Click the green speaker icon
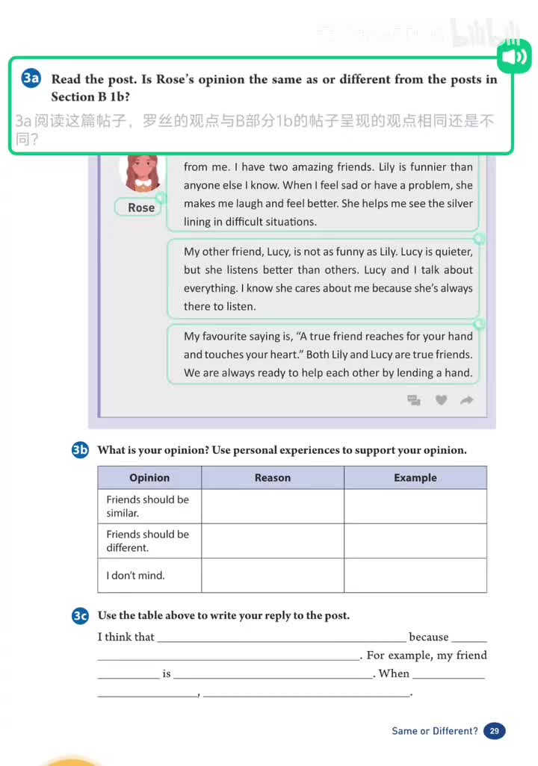click(x=513, y=57)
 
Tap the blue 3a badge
click(x=31, y=79)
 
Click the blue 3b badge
click(x=80, y=449)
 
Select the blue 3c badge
click(x=80, y=615)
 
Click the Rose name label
click(x=140, y=208)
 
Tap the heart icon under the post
click(x=441, y=400)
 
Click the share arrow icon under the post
click(x=467, y=400)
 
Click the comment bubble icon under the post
click(x=414, y=400)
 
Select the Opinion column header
click(x=149, y=478)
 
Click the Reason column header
click(x=273, y=478)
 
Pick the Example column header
click(x=415, y=478)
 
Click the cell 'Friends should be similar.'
click(x=149, y=506)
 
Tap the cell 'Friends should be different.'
click(x=149, y=541)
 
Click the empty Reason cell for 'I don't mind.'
click(x=273, y=576)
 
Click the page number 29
click(x=494, y=731)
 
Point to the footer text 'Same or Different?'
click(x=435, y=731)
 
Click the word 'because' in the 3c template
click(x=429, y=637)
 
